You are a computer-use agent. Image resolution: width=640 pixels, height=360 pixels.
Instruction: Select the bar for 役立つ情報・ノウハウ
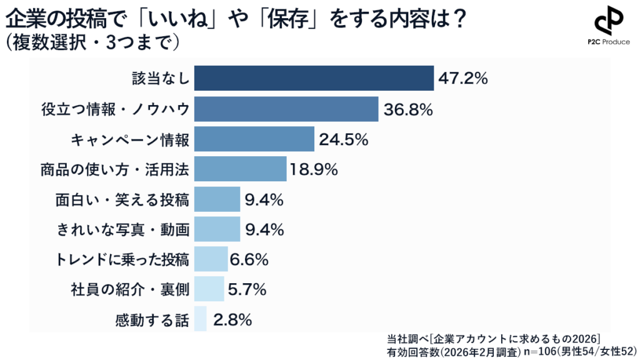tap(286, 109)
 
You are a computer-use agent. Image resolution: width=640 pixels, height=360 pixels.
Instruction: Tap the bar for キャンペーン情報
tap(254, 139)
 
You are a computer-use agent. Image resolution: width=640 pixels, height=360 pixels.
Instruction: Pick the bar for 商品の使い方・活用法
tap(240, 169)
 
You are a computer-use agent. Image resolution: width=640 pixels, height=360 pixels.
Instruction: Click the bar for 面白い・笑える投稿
tap(217, 199)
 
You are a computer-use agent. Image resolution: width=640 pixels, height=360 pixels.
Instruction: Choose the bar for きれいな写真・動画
tap(217, 229)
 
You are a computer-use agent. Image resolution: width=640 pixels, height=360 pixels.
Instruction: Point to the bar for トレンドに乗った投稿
tap(211, 259)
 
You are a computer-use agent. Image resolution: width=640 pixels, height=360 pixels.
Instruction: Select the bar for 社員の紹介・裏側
tap(209, 289)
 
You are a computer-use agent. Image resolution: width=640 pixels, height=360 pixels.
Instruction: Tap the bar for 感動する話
tap(200, 319)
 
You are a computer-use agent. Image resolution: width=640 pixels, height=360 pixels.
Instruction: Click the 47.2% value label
tap(463, 79)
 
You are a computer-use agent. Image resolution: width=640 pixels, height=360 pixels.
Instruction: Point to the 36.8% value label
tap(407, 110)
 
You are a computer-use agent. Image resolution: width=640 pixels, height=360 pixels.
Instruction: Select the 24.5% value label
tap(342, 139)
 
